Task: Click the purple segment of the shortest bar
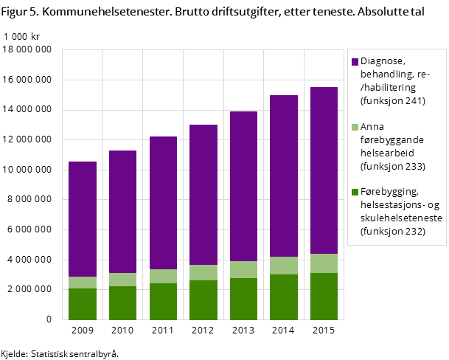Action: pyautogui.click(x=82, y=219)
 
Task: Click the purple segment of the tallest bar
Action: pyautogui.click(x=324, y=170)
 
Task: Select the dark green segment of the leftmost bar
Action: pyautogui.click(x=82, y=304)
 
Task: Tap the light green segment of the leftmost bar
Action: pyautogui.click(x=82, y=283)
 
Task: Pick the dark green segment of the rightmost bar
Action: pyautogui.click(x=324, y=297)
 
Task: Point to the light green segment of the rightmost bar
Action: pyautogui.click(x=324, y=263)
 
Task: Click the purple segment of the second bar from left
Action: pyautogui.click(x=122, y=212)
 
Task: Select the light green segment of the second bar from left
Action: pyautogui.click(x=122, y=280)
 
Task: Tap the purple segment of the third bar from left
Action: pyautogui.click(x=163, y=203)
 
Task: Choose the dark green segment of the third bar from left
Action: pyautogui.click(x=163, y=302)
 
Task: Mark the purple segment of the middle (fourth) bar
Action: pyautogui.click(x=203, y=195)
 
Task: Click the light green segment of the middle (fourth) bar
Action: pyautogui.click(x=203, y=272)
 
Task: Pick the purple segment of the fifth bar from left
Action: pyautogui.click(x=243, y=186)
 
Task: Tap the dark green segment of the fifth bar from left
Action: pyautogui.click(x=243, y=299)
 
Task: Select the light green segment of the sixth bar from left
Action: pyautogui.click(x=284, y=266)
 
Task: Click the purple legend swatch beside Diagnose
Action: pyautogui.click(x=355, y=62)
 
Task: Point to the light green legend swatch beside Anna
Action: pyautogui.click(x=355, y=127)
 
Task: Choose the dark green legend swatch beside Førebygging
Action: pyautogui.click(x=355, y=192)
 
